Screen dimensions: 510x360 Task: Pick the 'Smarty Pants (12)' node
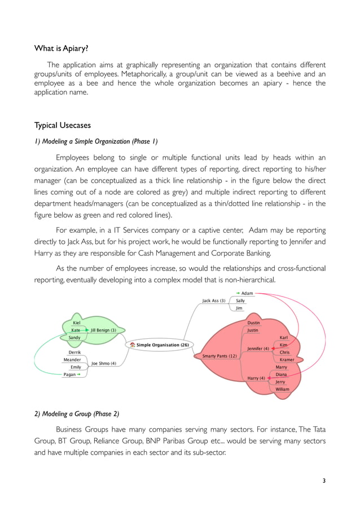click(216, 356)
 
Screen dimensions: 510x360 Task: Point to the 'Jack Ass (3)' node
click(214, 301)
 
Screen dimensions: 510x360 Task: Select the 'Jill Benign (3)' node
click(103, 330)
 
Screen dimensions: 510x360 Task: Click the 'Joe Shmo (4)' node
click(104, 363)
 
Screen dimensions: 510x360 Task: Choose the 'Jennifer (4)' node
click(258, 348)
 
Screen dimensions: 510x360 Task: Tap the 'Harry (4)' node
click(256, 378)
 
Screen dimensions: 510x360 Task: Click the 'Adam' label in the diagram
click(247, 294)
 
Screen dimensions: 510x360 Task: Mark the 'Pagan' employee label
click(71, 374)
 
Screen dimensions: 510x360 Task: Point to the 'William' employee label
click(282, 389)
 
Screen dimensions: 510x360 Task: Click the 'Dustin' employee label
click(253, 323)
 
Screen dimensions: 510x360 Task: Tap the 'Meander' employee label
click(72, 360)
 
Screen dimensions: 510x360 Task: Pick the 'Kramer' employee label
click(287, 360)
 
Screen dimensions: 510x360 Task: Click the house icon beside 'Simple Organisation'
click(132, 344)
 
